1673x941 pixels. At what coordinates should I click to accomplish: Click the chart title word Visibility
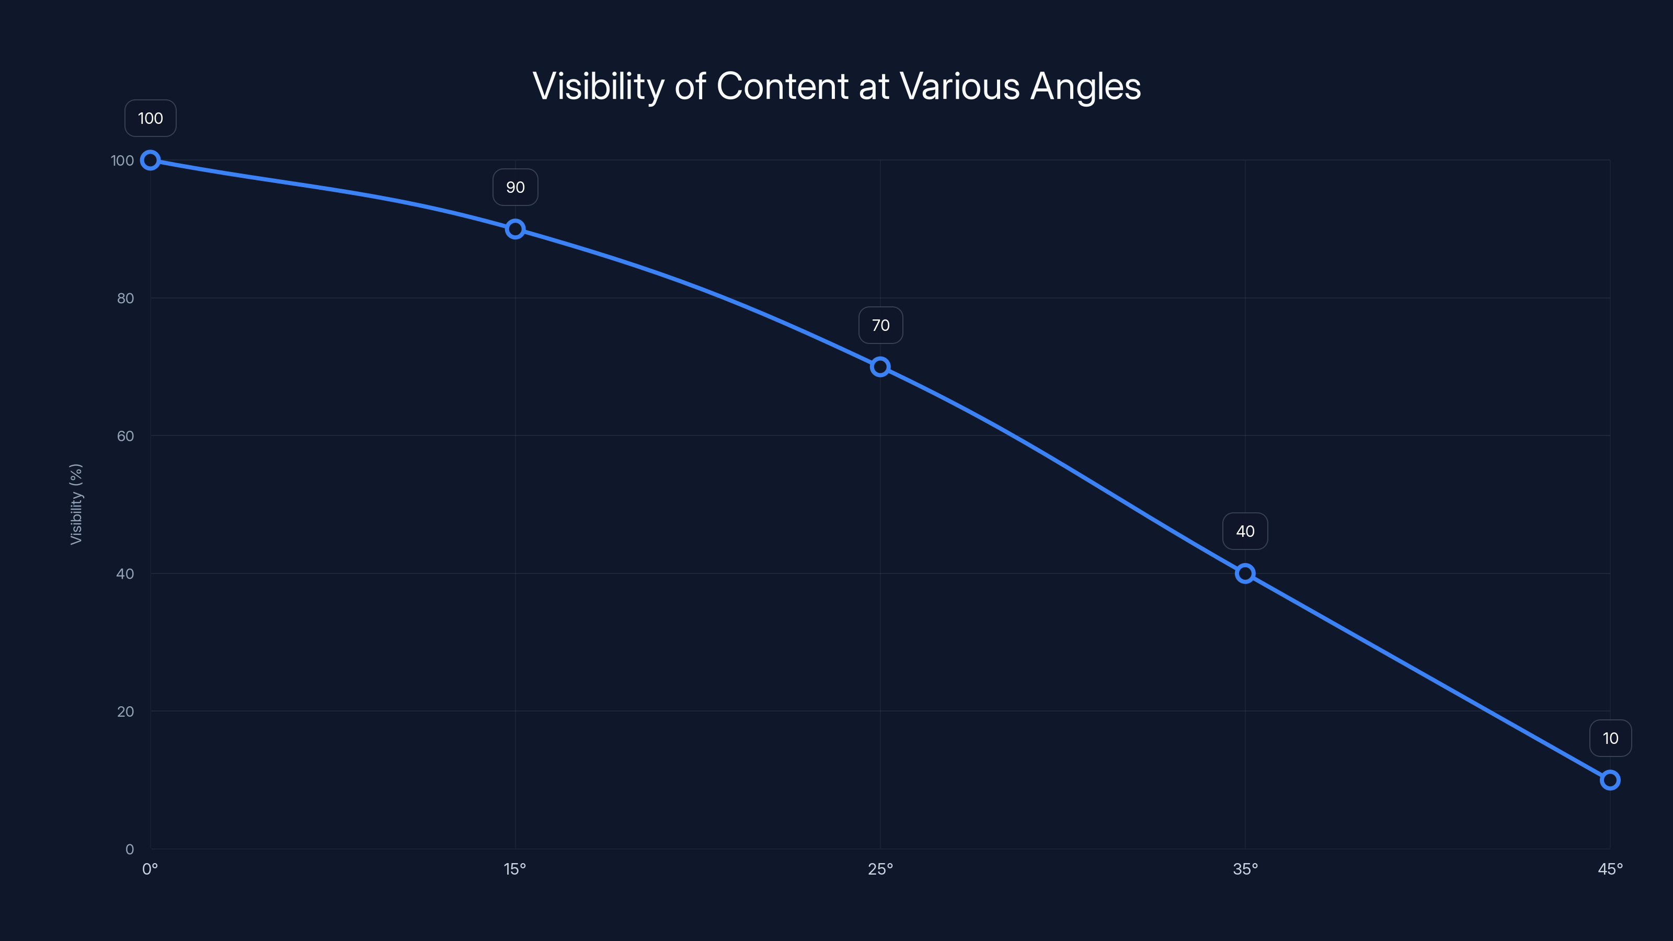598,86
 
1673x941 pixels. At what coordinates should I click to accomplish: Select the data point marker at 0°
150,160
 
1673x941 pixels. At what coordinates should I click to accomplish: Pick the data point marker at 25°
880,367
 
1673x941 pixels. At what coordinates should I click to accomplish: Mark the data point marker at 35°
1245,573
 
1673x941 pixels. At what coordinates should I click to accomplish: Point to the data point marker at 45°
1610,780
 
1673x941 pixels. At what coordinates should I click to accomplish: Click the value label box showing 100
150,118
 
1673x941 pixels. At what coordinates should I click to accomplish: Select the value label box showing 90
515,187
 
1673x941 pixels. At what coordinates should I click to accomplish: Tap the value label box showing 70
880,325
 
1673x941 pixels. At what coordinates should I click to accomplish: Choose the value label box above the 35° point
1245,531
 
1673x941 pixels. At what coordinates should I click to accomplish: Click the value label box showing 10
1610,738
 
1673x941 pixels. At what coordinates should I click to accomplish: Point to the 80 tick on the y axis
125,298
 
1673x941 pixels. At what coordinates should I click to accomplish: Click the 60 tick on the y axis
125,436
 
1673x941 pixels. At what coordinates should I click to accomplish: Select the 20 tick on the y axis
125,711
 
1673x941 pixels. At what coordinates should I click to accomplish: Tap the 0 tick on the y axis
129,849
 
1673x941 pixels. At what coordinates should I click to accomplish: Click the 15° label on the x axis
515,869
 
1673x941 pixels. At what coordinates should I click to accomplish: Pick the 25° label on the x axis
880,869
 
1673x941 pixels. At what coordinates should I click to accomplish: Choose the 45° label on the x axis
1610,869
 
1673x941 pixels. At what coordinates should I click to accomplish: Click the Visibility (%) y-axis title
76,504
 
